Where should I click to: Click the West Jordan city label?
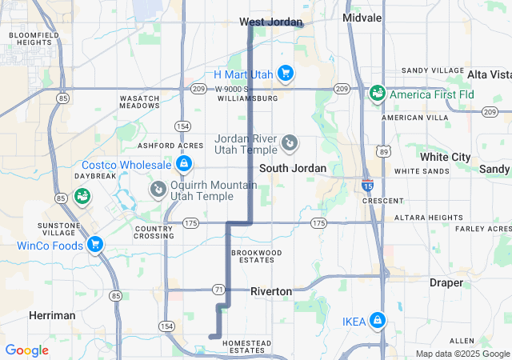pyautogui.click(x=271, y=22)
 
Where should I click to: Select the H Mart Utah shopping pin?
pyautogui.click(x=285, y=74)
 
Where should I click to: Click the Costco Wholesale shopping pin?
pyautogui.click(x=184, y=165)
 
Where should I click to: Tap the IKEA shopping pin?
pyautogui.click(x=378, y=322)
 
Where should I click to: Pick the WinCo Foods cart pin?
pyautogui.click(x=95, y=245)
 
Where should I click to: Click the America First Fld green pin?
pyautogui.click(x=377, y=94)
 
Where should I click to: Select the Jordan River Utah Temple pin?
pyautogui.click(x=290, y=144)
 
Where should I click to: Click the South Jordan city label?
pyautogui.click(x=293, y=169)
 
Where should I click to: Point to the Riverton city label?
pyautogui.click(x=271, y=292)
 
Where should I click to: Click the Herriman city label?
pyautogui.click(x=52, y=315)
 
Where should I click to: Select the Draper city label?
pyautogui.click(x=446, y=282)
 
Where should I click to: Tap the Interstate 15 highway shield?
pyautogui.click(x=367, y=186)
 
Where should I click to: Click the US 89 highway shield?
pyautogui.click(x=385, y=150)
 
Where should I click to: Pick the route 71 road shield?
pyautogui.click(x=218, y=288)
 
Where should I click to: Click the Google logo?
pyautogui.click(x=26, y=350)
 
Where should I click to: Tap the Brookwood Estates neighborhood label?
pyautogui.click(x=257, y=256)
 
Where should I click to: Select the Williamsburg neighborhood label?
pyautogui.click(x=247, y=98)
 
